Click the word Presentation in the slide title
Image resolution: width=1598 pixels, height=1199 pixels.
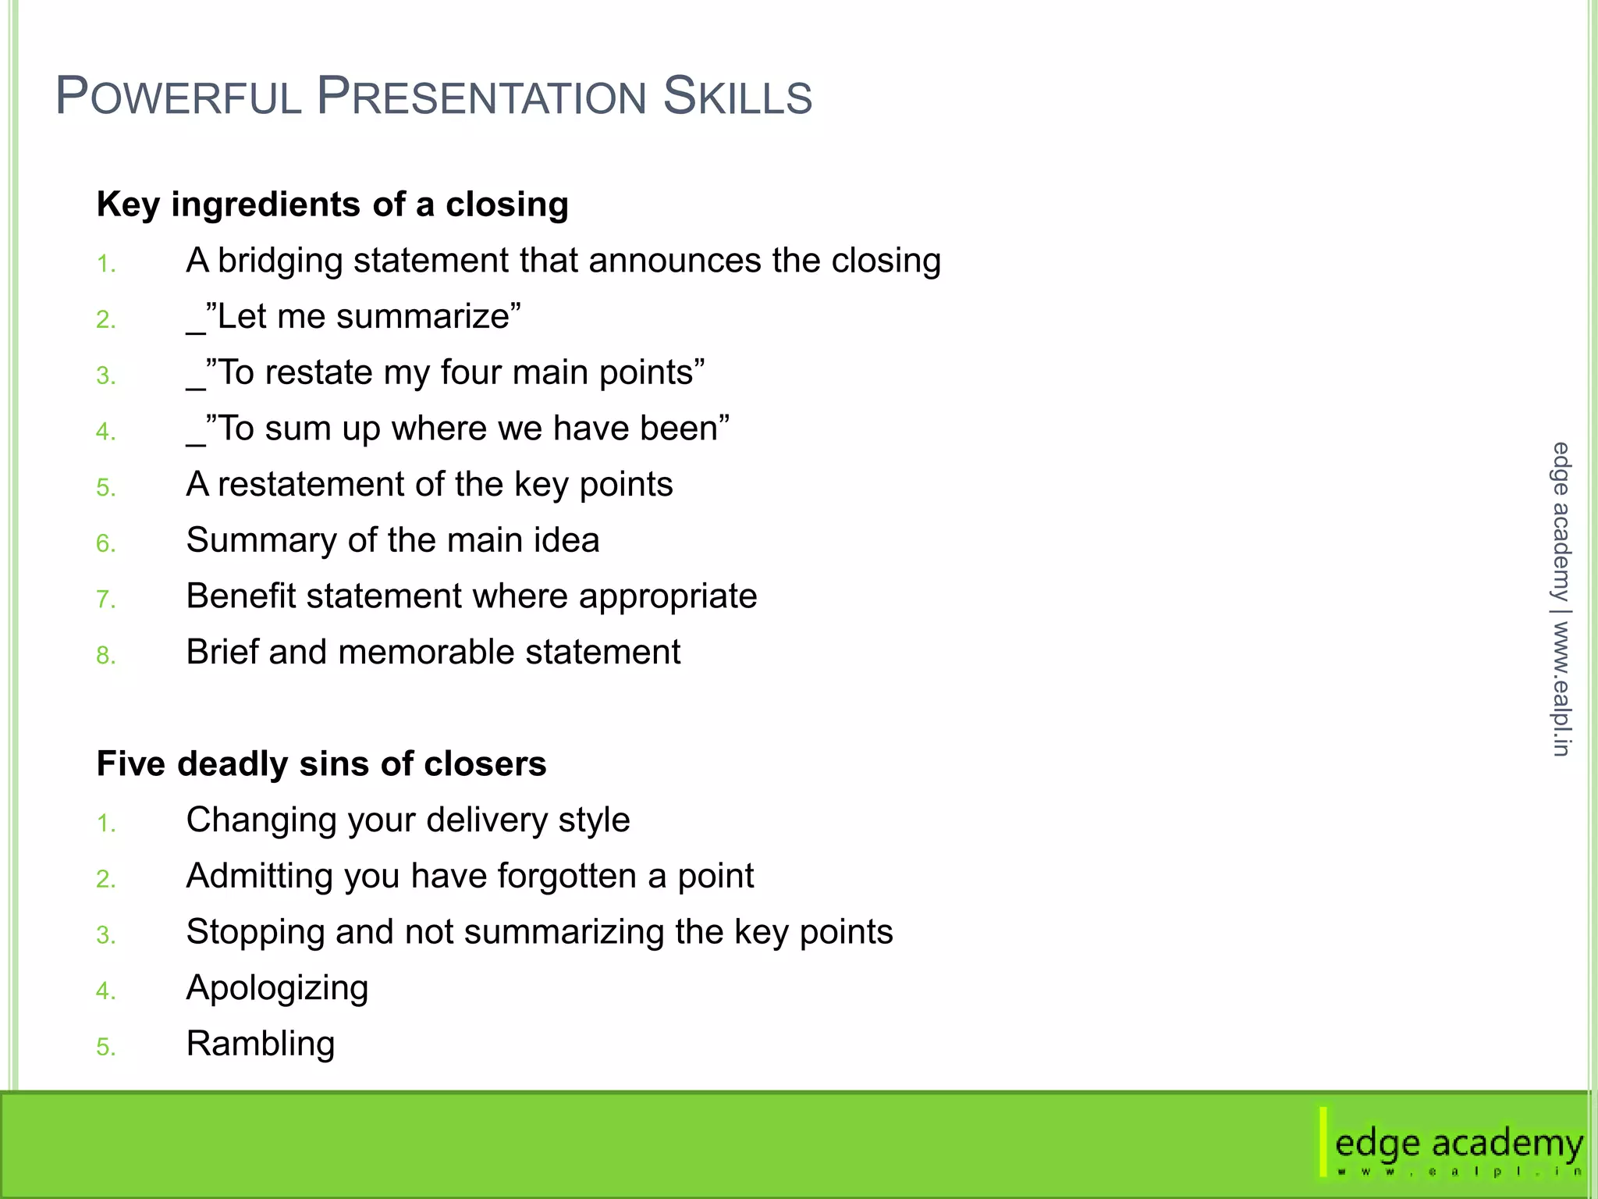481,97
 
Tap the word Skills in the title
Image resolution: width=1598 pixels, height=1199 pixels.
737,97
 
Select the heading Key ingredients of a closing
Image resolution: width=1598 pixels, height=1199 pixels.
332,205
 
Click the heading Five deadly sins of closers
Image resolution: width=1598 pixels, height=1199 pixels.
321,763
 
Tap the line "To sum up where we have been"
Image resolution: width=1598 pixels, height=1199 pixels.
459,429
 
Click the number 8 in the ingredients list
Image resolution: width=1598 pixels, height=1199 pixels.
105,656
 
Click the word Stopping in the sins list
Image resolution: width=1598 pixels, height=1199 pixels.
255,932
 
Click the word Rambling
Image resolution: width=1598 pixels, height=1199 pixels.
261,1044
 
